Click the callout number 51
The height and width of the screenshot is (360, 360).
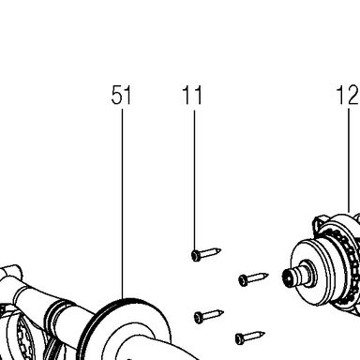click(122, 95)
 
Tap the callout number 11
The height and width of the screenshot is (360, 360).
click(192, 95)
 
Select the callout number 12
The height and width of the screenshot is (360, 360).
click(348, 95)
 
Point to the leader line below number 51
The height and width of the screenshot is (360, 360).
click(122, 203)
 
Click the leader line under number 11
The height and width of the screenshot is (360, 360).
click(194, 180)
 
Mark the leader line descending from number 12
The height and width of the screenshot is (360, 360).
click(349, 160)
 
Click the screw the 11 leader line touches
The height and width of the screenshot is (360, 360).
click(206, 254)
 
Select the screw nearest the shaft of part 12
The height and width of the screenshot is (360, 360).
click(253, 278)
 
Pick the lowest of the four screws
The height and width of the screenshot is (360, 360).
click(250, 337)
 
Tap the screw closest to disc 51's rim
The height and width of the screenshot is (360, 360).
click(209, 316)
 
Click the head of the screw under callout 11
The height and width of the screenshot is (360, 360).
click(196, 256)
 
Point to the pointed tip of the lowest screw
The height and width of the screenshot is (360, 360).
click(264, 334)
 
